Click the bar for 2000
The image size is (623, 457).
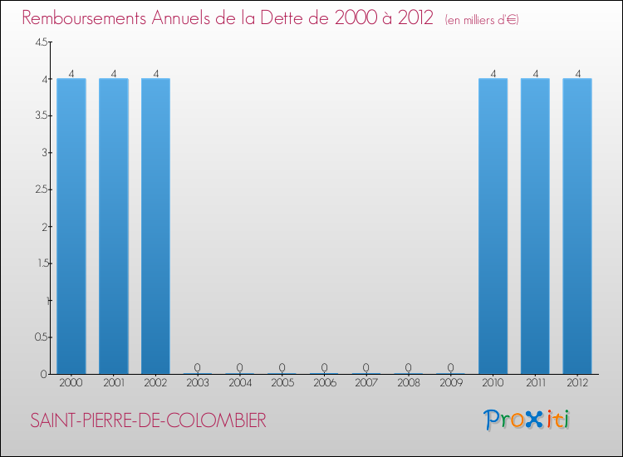pos(71,226)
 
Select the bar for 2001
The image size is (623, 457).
pos(114,226)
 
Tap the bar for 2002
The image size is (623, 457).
pos(155,226)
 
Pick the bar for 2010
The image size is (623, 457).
pos(493,226)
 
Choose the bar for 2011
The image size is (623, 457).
pos(535,226)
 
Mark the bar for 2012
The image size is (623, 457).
pos(577,226)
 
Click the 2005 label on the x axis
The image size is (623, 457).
pos(282,384)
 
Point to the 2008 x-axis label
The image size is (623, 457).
pos(409,384)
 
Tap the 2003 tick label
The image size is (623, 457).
pos(198,384)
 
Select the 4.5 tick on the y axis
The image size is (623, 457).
pos(41,43)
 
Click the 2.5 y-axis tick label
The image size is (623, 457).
pos(41,190)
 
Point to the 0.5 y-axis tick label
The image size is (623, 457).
pos(41,337)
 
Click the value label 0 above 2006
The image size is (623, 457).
pos(324,367)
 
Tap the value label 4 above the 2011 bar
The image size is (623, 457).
pos(535,73)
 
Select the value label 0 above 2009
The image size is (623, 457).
pos(450,367)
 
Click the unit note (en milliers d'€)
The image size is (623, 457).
pos(482,19)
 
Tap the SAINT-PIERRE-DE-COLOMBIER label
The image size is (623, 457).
pos(148,421)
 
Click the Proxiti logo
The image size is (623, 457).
pos(528,420)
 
